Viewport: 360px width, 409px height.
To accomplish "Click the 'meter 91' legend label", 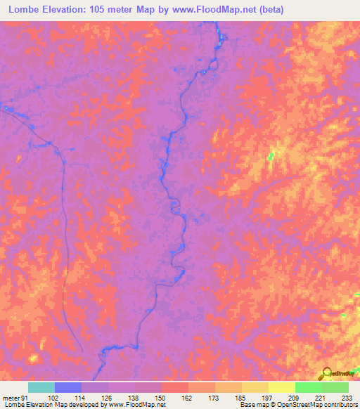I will [14, 397].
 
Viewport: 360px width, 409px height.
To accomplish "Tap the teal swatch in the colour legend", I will [41, 387].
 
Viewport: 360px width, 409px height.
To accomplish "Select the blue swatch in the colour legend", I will [68, 387].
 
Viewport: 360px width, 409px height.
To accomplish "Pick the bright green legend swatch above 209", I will [309, 387].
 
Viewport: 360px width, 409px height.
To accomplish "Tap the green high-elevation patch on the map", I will [272, 155].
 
